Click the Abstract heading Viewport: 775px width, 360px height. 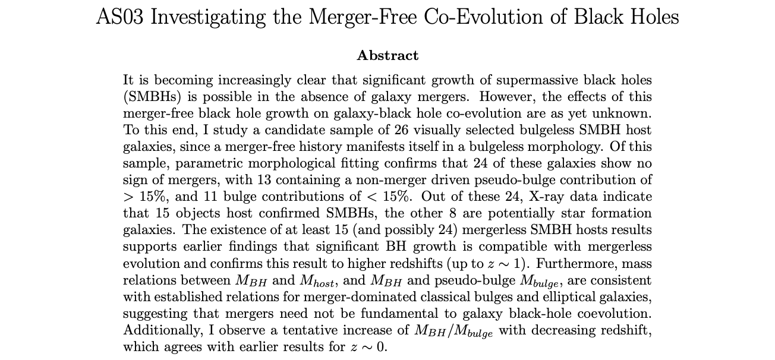pyautogui.click(x=387, y=55)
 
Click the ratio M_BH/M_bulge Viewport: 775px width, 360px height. pyautogui.click(x=453, y=331)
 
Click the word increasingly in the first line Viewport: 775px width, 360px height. pyautogui.click(x=255, y=80)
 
